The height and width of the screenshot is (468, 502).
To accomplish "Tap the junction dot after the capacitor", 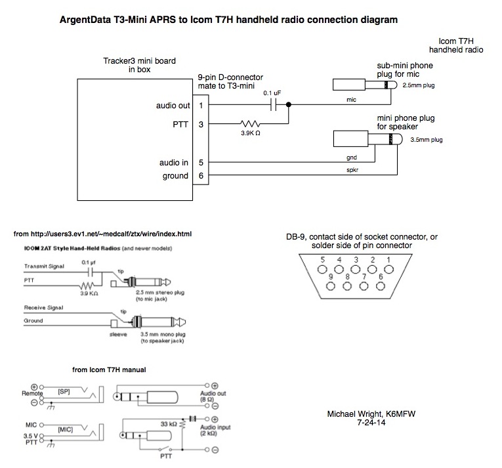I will click(x=289, y=104).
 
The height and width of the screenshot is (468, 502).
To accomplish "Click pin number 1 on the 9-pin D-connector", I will click(x=201, y=104).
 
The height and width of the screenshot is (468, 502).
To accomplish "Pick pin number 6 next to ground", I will click(x=201, y=176).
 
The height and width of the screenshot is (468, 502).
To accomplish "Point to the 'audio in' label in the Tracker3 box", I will click(x=173, y=162).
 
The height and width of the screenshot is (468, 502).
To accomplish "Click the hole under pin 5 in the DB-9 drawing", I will click(x=322, y=272).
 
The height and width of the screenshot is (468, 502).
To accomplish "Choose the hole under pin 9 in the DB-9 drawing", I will click(x=332, y=286).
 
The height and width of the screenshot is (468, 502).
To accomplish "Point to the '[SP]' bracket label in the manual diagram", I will click(x=64, y=390).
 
